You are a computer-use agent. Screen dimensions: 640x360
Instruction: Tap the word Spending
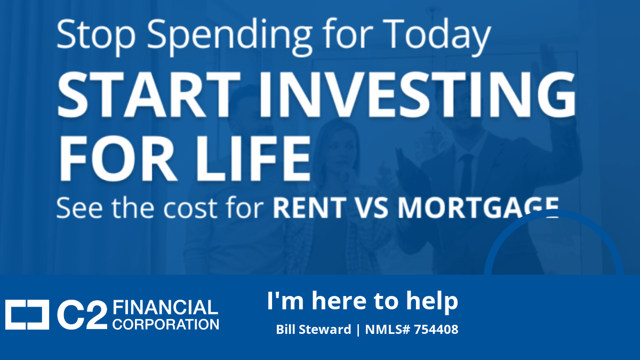229,36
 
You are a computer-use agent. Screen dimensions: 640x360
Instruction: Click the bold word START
149,94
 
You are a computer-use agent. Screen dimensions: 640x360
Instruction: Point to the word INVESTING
417,94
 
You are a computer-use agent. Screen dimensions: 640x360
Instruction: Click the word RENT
309,207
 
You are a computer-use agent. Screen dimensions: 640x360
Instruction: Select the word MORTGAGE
478,207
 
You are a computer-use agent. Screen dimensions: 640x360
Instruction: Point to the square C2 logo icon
27,315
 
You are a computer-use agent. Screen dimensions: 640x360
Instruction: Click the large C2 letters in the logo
82,316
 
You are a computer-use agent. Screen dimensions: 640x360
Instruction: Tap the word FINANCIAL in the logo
165,307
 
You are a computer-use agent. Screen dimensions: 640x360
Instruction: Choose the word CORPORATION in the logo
166,325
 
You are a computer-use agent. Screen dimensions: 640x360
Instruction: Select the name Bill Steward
314,330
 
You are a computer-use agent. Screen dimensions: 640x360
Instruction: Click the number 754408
436,329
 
